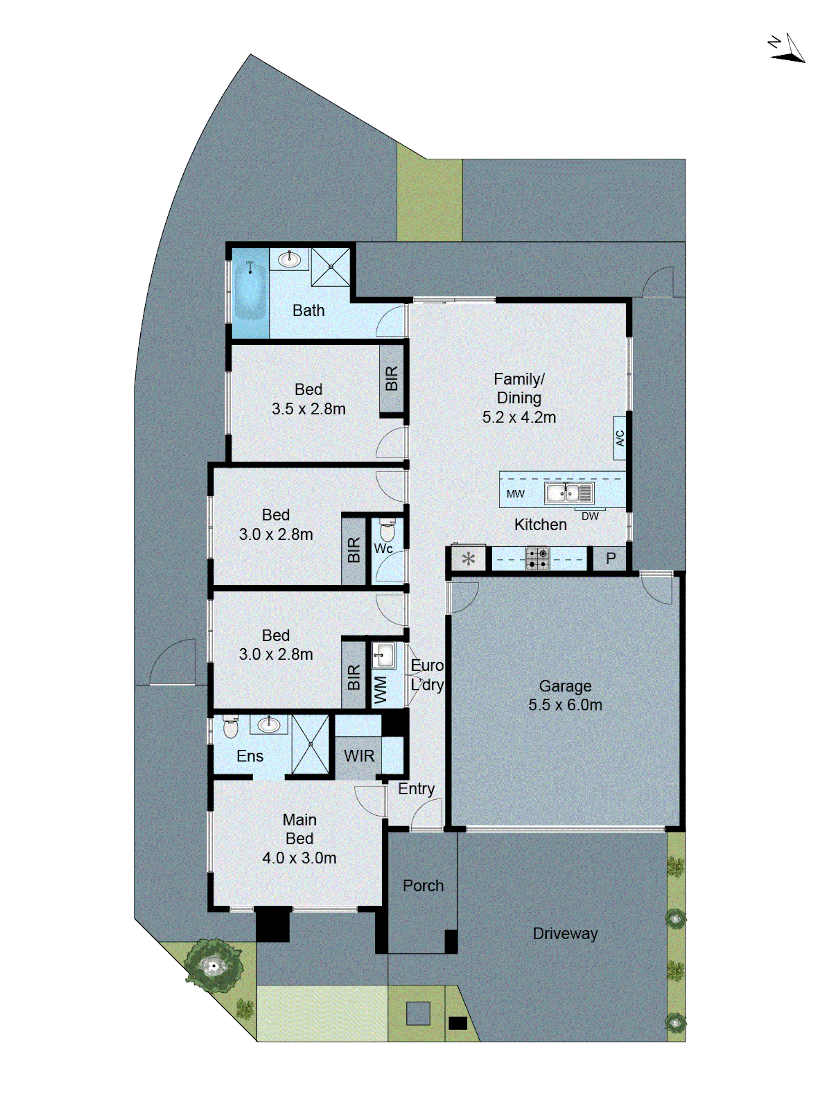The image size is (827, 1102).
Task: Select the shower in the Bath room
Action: pos(330,267)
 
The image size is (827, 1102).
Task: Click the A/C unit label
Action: pos(619,438)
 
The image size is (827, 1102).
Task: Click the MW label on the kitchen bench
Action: pos(515,494)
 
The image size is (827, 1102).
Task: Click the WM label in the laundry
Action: pos(380,690)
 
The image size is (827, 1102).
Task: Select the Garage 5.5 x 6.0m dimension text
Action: pos(565,705)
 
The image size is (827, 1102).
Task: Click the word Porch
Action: pos(423,885)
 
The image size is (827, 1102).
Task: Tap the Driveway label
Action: pos(565,933)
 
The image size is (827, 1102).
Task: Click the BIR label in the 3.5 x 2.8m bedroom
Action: pos(391,378)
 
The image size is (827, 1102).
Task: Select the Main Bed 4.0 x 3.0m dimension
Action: pos(299,858)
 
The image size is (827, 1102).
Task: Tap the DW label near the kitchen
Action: pos(590,516)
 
